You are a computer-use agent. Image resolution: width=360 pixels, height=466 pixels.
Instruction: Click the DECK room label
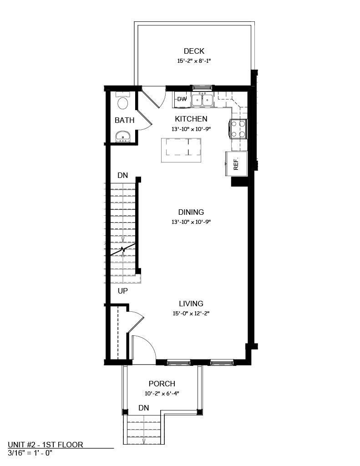coord(194,51)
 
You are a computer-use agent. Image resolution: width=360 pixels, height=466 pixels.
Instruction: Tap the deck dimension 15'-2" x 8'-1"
coord(194,61)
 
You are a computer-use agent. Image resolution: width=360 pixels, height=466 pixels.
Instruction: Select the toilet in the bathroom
coord(122,102)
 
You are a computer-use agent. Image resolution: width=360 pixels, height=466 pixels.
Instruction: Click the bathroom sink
coord(122,136)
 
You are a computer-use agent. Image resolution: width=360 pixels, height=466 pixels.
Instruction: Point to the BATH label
coord(124,121)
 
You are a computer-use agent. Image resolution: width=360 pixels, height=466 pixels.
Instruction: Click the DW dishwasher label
coord(182,99)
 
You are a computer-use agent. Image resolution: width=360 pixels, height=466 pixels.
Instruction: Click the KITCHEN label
coord(191,119)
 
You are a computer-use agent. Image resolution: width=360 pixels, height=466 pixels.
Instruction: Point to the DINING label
coord(191,212)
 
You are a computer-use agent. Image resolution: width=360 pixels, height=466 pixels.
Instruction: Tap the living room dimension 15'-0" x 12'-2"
coord(191,313)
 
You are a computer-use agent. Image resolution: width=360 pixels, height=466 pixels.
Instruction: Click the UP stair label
coord(122,291)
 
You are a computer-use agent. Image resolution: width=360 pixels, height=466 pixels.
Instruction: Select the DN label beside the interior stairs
coord(122,175)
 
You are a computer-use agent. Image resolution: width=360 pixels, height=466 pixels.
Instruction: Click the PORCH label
coord(162,384)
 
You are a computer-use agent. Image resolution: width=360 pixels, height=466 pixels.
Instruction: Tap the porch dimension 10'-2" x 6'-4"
coord(162,394)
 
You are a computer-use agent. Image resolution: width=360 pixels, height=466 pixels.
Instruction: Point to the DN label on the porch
coord(144,408)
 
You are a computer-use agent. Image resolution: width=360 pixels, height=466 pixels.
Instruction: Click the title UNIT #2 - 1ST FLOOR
coord(46,445)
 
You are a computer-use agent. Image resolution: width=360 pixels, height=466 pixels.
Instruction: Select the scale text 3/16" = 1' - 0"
coord(30,453)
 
